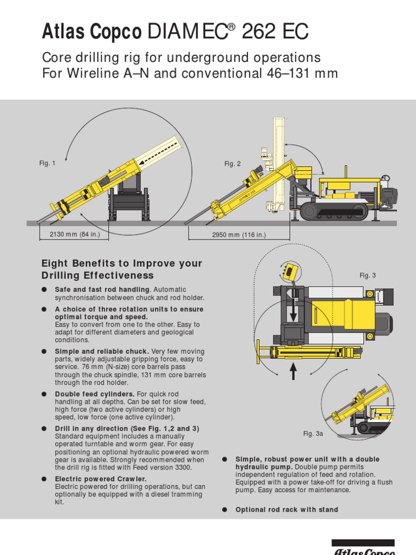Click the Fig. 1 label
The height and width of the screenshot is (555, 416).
pyautogui.click(x=47, y=164)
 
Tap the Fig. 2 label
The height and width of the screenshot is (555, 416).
pyautogui.click(x=232, y=164)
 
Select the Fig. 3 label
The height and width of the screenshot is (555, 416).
pyautogui.click(x=367, y=275)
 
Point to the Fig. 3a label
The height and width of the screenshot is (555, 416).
pyautogui.click(x=313, y=434)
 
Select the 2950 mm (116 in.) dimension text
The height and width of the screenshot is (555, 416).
pyautogui.click(x=239, y=235)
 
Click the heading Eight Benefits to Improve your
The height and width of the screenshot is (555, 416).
pyautogui.click(x=121, y=263)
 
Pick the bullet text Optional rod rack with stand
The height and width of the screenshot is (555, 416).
pyautogui.click(x=287, y=509)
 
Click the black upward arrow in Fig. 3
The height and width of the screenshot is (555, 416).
pyautogui.click(x=294, y=372)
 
